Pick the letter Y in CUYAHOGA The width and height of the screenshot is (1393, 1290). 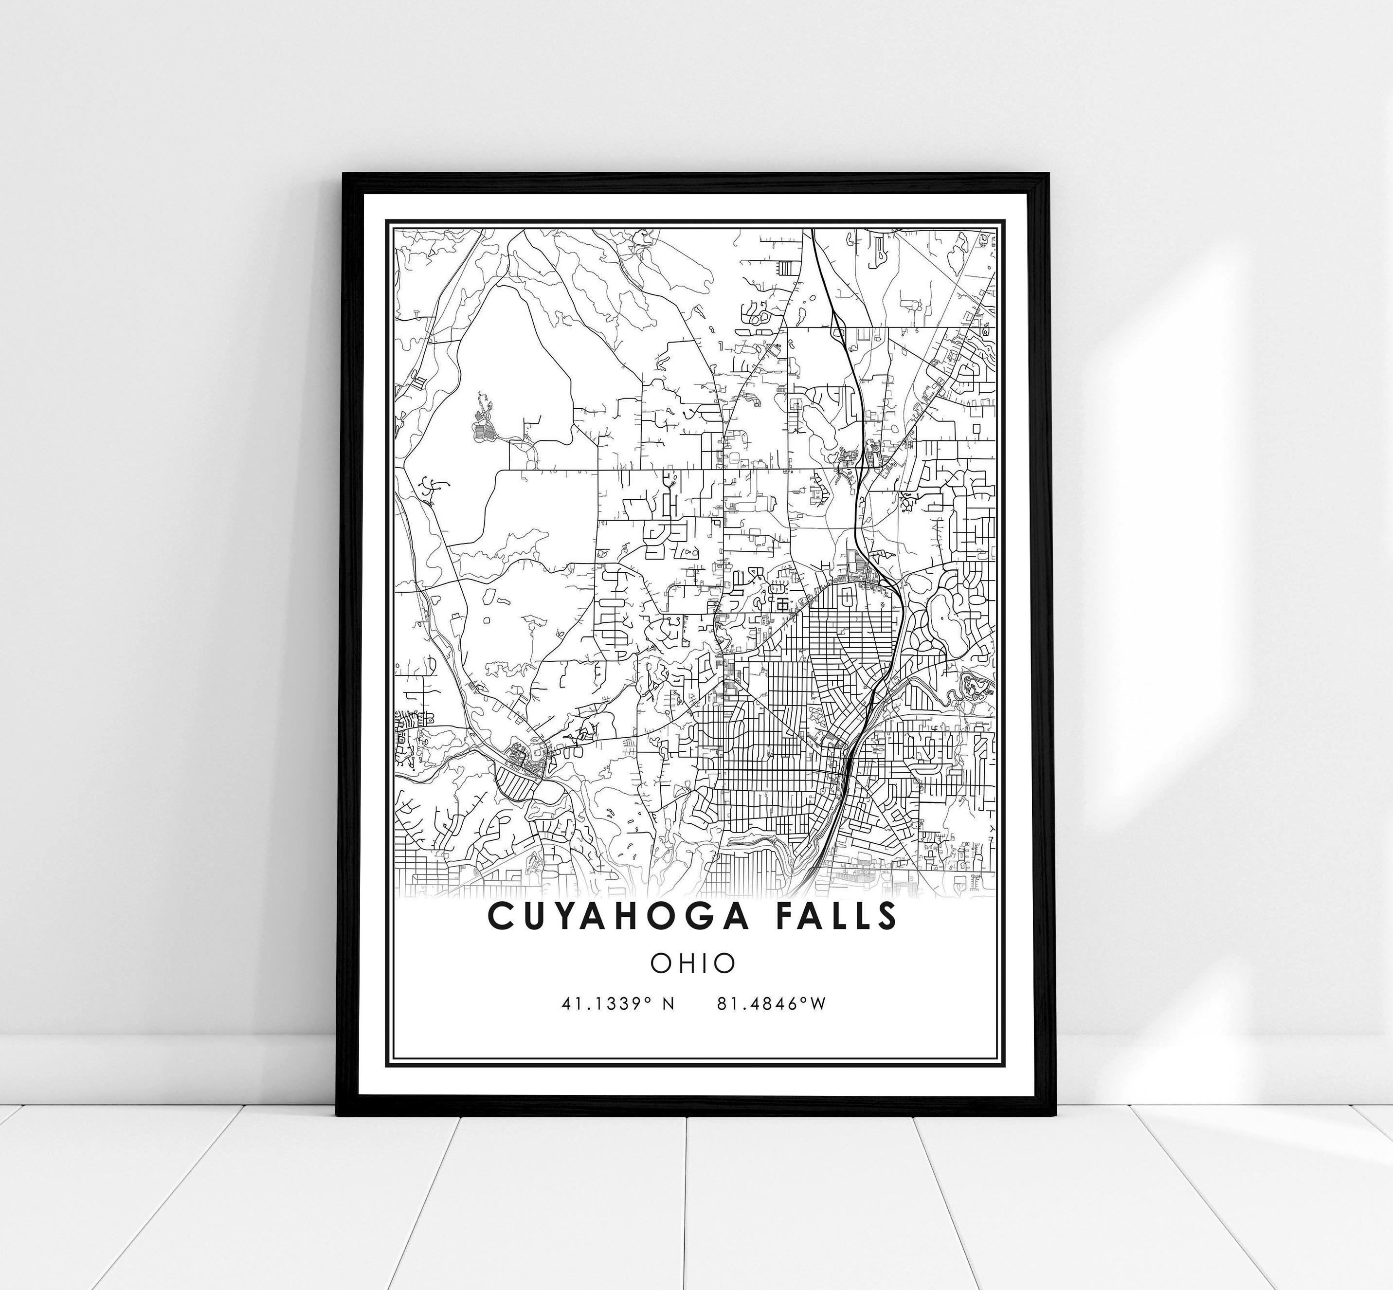pyautogui.click(x=590, y=916)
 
